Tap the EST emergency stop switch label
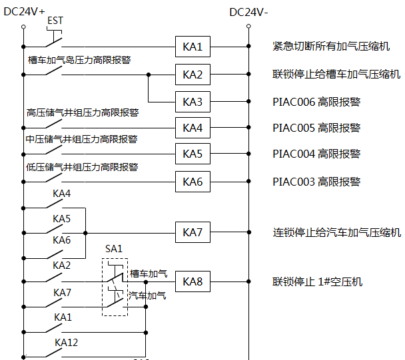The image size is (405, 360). pyautogui.click(x=55, y=21)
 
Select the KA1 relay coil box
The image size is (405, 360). pyautogui.click(x=193, y=47)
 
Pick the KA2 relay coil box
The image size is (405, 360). pyautogui.click(x=193, y=75)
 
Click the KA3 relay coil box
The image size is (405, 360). pyautogui.click(x=193, y=102)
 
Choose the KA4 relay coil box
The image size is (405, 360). pyautogui.click(x=193, y=127)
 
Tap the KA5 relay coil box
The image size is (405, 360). pyautogui.click(x=193, y=154)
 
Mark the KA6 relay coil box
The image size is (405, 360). pyautogui.click(x=193, y=181)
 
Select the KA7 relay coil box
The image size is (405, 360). pyautogui.click(x=193, y=232)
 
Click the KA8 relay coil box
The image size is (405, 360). pyautogui.click(x=193, y=281)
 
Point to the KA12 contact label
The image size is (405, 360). pyautogui.click(x=66, y=342)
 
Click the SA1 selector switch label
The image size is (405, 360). pyautogui.click(x=114, y=249)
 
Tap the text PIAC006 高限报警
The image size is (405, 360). pyautogui.click(x=316, y=102)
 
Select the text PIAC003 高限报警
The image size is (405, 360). pyautogui.click(x=316, y=181)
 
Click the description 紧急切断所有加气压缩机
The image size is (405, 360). pyautogui.click(x=332, y=47)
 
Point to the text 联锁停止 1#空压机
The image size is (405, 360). pyautogui.click(x=317, y=281)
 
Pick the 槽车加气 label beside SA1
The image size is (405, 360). pyautogui.click(x=149, y=273)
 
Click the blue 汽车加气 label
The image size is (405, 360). pyautogui.click(x=148, y=295)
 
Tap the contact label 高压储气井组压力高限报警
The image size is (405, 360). pyautogui.click(x=82, y=112)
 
